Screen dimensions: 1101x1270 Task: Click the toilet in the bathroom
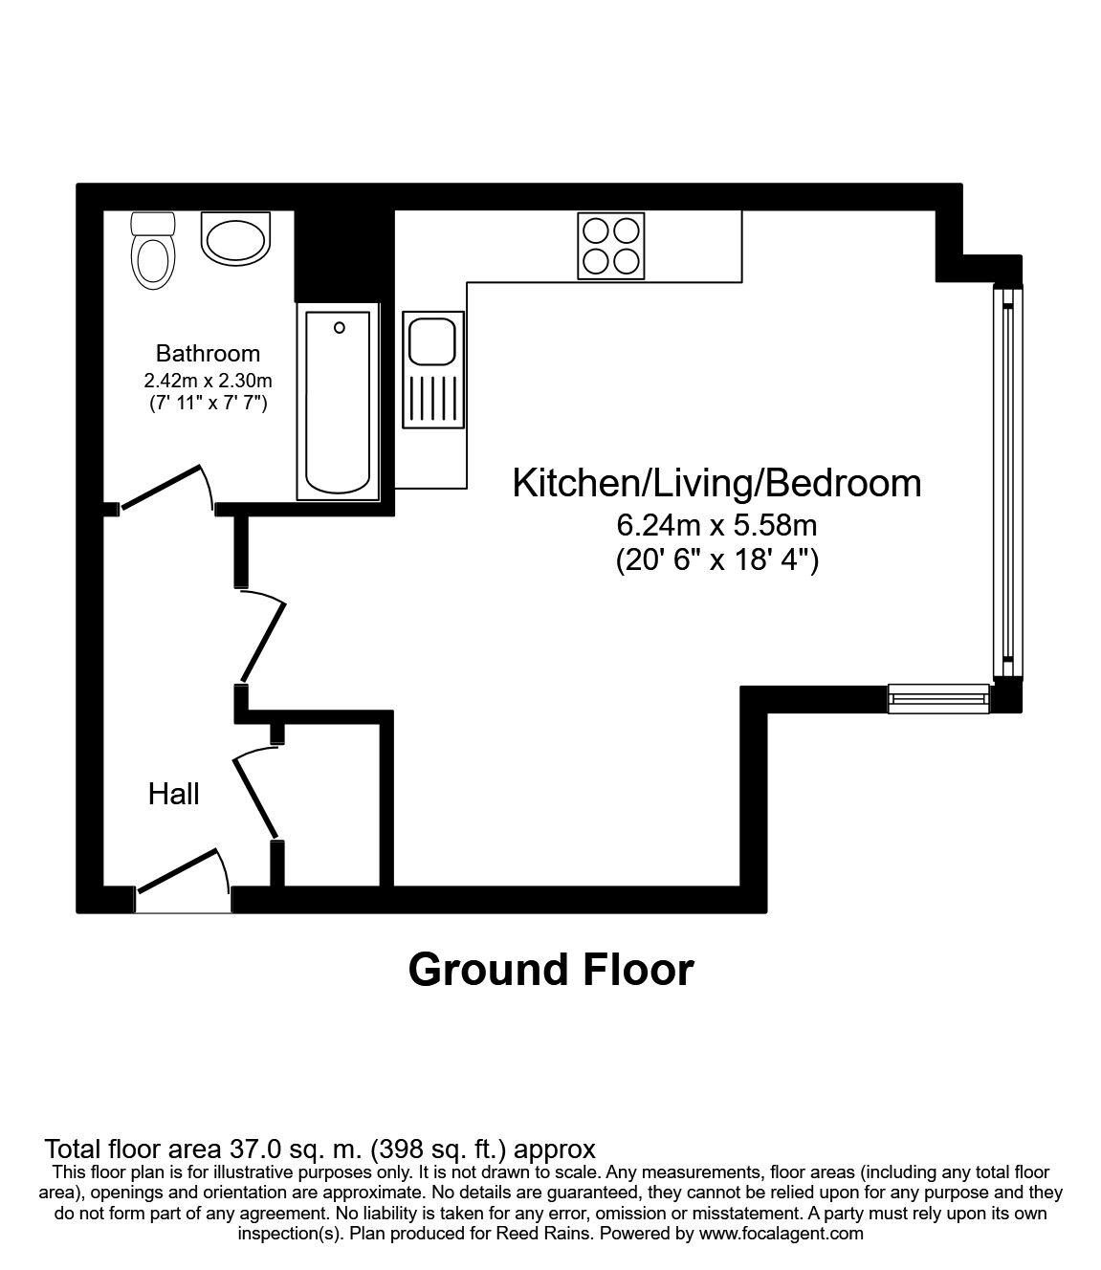pos(153,251)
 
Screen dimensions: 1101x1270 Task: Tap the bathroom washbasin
pos(235,238)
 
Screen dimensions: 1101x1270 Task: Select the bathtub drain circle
pos(340,328)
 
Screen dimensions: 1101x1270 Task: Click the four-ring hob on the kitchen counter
pos(611,246)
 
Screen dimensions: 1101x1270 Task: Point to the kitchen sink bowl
pos(432,341)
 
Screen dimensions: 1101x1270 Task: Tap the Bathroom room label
pos(208,353)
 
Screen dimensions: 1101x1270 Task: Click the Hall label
pos(174,794)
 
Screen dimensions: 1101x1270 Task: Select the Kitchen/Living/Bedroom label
pos(716,484)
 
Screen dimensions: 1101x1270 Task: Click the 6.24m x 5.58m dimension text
pos(716,525)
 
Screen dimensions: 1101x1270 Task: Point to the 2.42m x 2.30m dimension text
pos(208,381)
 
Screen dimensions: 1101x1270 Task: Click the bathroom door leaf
pos(161,487)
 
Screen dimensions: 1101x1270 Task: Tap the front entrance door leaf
pos(177,871)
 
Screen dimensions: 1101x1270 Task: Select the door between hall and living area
pos(263,643)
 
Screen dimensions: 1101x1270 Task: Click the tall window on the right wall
pos(1007,482)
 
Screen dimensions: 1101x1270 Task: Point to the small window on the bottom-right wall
pos(938,699)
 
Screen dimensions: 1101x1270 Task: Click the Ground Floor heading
pos(551,971)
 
